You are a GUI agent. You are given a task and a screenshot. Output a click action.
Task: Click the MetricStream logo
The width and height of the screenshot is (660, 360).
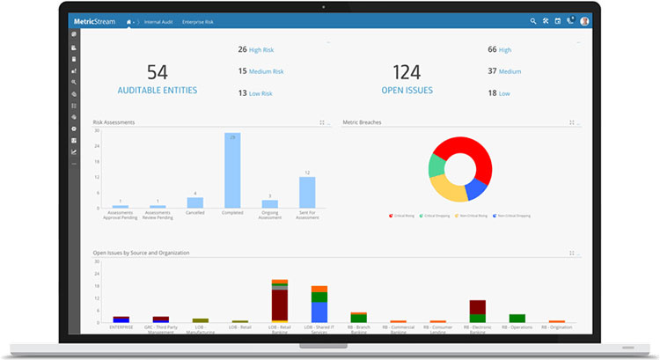tap(99, 21)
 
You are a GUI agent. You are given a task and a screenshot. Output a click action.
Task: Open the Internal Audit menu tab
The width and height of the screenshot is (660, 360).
tap(158, 21)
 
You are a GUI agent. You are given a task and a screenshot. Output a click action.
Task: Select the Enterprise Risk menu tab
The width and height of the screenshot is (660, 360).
tap(198, 21)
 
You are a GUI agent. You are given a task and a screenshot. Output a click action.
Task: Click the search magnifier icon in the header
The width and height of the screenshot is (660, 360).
tap(533, 21)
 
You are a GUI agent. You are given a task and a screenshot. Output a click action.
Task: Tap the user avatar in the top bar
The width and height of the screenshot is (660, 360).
tap(584, 21)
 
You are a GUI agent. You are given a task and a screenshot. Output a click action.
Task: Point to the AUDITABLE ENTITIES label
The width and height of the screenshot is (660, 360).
tap(158, 90)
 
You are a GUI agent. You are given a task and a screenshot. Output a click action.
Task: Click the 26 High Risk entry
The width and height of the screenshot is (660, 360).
tap(260, 50)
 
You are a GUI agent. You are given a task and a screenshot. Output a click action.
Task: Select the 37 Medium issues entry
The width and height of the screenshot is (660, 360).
tap(504, 71)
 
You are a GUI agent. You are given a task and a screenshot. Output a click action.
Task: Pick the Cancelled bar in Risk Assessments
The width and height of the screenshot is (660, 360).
tap(195, 202)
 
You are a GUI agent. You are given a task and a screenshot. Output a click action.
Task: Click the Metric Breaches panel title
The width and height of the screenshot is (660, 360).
tap(362, 122)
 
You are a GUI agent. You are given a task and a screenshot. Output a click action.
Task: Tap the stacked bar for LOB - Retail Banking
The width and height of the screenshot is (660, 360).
tap(280, 301)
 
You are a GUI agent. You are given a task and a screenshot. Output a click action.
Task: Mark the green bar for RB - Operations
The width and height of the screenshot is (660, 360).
tap(517, 318)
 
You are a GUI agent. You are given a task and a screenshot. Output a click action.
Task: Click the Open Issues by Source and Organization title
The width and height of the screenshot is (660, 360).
tap(141, 253)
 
